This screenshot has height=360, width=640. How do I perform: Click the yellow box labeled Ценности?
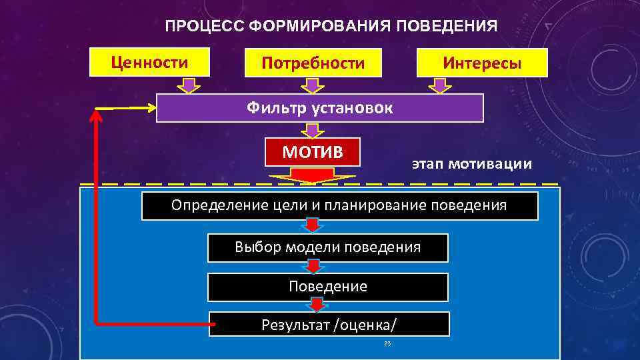149,62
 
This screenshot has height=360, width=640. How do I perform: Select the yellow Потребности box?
313,63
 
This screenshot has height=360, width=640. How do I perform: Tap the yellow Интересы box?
482,63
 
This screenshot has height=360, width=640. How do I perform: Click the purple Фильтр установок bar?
319,107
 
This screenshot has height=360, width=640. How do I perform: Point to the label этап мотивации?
471,163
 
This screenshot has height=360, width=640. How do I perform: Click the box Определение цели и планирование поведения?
339,205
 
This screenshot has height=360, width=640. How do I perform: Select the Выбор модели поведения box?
328,247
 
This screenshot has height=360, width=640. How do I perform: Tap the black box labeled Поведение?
328,287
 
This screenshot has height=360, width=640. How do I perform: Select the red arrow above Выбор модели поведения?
312,225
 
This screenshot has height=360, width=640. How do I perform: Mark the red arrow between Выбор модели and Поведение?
314,267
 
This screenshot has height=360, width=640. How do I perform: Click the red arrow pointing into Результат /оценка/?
317,305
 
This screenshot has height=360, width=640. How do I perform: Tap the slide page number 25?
387,343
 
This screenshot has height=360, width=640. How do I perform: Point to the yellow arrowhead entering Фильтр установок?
148,107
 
